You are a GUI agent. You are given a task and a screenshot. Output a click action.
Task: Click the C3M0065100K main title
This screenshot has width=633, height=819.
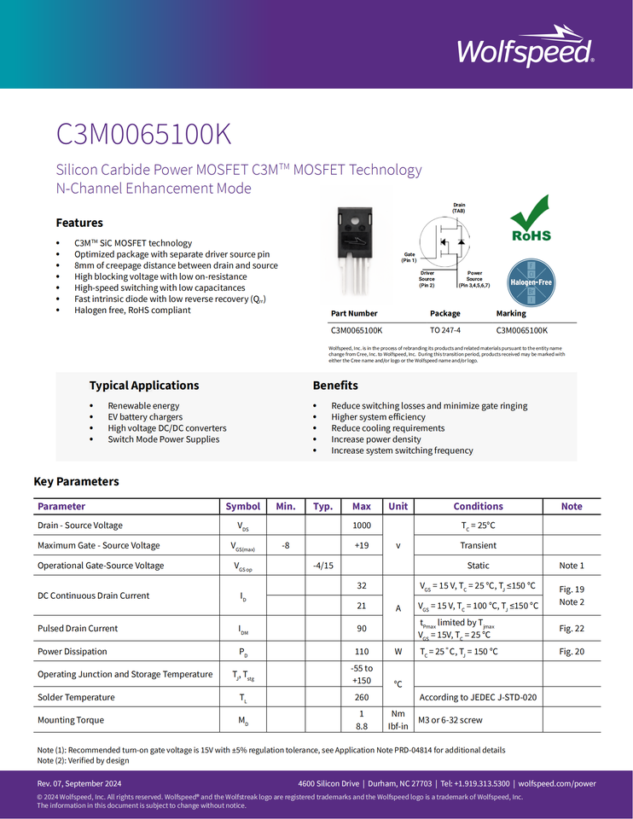point(143,135)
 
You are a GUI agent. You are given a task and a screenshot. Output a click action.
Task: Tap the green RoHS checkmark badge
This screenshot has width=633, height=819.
point(530,219)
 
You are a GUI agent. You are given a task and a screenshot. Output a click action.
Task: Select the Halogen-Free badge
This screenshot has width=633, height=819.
point(531,282)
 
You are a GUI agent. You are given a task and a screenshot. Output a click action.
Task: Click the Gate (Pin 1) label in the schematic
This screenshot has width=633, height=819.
point(409,257)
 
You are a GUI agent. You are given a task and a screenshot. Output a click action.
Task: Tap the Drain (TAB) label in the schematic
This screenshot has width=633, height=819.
point(459,207)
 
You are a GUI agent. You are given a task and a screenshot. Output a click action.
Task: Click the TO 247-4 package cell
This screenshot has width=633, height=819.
point(444,330)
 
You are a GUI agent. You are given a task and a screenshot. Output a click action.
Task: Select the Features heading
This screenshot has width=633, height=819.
point(79,223)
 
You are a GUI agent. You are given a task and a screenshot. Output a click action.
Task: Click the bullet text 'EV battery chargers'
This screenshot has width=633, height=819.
point(145,417)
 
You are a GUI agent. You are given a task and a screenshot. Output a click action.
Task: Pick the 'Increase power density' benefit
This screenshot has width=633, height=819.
point(376,439)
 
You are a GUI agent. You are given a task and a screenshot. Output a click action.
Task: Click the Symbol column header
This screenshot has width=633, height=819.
point(243,507)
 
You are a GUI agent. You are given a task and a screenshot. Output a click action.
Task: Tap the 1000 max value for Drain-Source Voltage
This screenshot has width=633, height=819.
point(362,526)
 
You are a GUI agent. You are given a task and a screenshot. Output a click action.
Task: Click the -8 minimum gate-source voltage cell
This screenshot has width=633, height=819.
point(286,545)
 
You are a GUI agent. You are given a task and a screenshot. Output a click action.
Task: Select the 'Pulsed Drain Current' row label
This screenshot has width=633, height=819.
point(78,629)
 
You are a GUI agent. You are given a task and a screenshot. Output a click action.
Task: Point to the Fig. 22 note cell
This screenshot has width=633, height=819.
point(572,629)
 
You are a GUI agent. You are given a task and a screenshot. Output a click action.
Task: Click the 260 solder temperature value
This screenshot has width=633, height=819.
point(362,697)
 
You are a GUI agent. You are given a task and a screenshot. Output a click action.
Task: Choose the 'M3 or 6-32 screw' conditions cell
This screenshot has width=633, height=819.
point(450,720)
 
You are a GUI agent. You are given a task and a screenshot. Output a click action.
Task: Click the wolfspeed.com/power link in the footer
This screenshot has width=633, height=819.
point(557,783)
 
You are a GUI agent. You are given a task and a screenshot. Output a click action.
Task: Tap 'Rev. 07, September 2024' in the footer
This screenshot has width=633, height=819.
point(79,783)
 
